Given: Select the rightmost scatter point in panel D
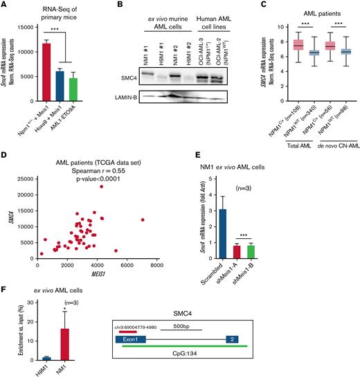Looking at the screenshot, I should pos(143,219).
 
